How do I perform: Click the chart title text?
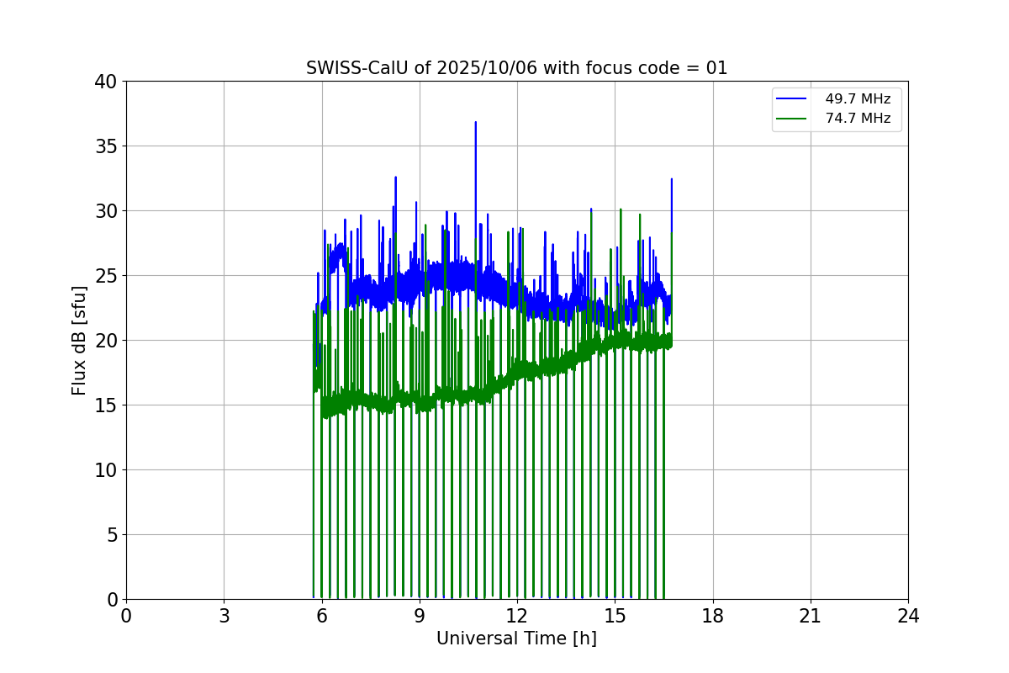(x=516, y=68)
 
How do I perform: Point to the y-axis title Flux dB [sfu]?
(x=79, y=340)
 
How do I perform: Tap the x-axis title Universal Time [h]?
(x=516, y=639)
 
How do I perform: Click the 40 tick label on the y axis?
(x=106, y=82)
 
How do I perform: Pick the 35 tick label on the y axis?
(x=106, y=146)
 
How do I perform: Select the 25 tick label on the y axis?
(x=106, y=276)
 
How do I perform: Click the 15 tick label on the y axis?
(x=106, y=405)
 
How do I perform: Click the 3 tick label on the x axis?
(x=224, y=616)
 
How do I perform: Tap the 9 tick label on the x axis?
(x=420, y=616)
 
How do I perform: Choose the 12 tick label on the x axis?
(x=517, y=616)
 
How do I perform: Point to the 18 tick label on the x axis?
(x=713, y=616)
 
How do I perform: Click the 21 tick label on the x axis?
(x=811, y=616)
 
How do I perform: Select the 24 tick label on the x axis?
(x=908, y=616)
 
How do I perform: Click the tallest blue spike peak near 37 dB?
(x=475, y=123)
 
